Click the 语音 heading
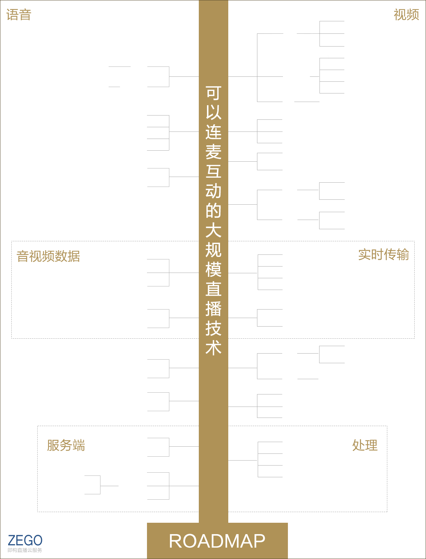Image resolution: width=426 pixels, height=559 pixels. click(19, 15)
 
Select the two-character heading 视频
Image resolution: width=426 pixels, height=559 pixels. click(406, 15)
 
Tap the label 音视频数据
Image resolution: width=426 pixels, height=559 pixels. click(48, 256)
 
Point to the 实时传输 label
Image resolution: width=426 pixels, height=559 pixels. click(383, 255)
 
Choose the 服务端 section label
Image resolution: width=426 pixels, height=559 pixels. click(66, 445)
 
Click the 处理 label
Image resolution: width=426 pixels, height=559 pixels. click(365, 445)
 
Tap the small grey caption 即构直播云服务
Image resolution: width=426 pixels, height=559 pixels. click(24, 550)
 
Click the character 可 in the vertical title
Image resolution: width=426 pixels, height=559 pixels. click(213, 93)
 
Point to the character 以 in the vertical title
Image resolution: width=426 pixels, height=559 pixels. click(213, 113)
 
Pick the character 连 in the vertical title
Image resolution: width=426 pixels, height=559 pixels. click(213, 132)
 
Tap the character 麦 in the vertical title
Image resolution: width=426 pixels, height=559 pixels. click(213, 152)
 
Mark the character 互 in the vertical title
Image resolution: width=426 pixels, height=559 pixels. click(213, 171)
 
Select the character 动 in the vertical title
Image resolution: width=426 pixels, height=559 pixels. click(213, 191)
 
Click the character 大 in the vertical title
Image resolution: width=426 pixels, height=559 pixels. click(213, 230)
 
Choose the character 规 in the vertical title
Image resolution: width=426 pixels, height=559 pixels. click(213, 250)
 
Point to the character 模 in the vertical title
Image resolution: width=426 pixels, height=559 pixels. click(213, 269)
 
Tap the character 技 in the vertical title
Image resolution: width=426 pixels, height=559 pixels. click(213, 328)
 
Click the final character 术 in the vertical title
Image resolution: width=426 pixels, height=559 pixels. click(213, 348)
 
